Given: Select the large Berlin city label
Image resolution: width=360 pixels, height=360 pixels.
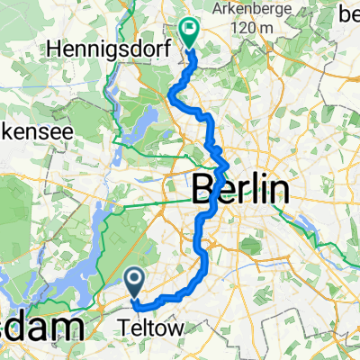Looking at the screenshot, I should click(242, 191).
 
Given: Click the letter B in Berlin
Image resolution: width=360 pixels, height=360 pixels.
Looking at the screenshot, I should click(203, 191).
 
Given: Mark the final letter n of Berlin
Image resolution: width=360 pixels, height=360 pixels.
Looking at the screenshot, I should click(281, 192).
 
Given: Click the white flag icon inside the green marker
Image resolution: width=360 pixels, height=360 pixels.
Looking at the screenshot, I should click(190, 28).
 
